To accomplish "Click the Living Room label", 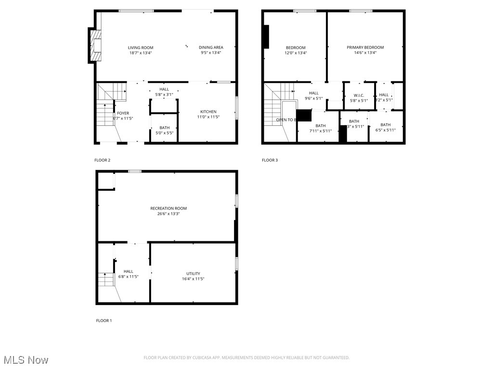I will coord(141,48).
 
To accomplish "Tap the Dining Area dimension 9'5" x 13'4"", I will coord(211,53).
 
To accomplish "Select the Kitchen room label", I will coord(208,112).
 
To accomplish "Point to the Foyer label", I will coord(123,113).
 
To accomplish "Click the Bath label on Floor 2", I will coord(164,128).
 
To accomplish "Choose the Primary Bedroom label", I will coord(365,47).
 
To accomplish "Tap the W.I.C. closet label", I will coord(359,95).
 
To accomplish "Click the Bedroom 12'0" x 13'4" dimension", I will coord(296,53).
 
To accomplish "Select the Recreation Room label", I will coord(169,209).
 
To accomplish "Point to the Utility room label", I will coord(193,274).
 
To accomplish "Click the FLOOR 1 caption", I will coord(104,321).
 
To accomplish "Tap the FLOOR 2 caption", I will coord(102,160).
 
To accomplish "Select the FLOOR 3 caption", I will coord(270,160).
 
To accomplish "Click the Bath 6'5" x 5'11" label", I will coord(386,125).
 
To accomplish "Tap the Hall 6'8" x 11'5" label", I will coord(128,271).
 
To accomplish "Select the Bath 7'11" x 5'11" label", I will coord(321,126).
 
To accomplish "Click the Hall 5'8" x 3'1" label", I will coord(164,89).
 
